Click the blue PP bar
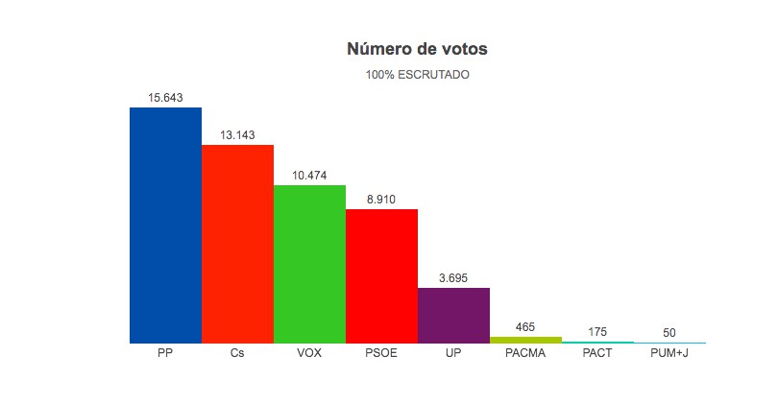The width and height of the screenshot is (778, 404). pos(165,225)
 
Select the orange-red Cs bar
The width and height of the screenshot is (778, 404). pos(237,244)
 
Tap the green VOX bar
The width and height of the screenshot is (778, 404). pos(309,264)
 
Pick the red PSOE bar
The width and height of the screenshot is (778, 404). pos(381,275)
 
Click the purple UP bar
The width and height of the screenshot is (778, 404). pos(453,315)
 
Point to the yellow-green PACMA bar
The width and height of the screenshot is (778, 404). pos(525,340)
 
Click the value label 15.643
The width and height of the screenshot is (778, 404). pos(165,98)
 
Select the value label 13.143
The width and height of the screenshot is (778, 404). pos(237,135)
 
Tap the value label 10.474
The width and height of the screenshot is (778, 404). pos(309,176)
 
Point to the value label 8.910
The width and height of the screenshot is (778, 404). pos(381,200)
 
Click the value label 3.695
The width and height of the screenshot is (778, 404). pos(453,277)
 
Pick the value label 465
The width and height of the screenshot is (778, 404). pos(525,327)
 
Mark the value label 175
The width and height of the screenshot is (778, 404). pos(597,332)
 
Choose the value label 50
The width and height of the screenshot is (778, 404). pos(669,333)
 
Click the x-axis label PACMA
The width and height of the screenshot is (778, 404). pos(525,353)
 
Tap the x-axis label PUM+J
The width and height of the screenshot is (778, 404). pos(669,353)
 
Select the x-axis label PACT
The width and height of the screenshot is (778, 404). pos(597,353)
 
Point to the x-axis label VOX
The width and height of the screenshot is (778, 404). pos(309,353)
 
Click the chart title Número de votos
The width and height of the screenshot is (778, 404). pos(418,49)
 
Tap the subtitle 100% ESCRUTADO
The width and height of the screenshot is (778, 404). pos(418,74)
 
